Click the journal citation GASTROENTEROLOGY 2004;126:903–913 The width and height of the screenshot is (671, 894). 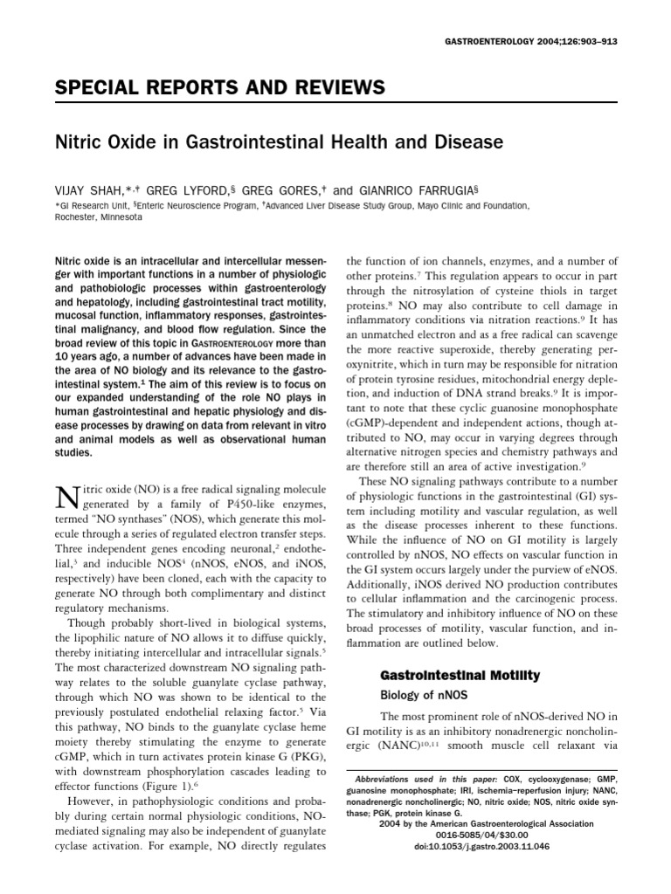click(548, 40)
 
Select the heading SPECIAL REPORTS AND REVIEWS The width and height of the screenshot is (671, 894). click(219, 88)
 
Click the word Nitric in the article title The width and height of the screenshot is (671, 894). click(80, 141)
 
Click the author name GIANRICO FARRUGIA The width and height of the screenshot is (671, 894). click(425, 186)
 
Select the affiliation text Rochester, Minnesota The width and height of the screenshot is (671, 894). click(98, 217)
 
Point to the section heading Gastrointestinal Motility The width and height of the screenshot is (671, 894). click(459, 675)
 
